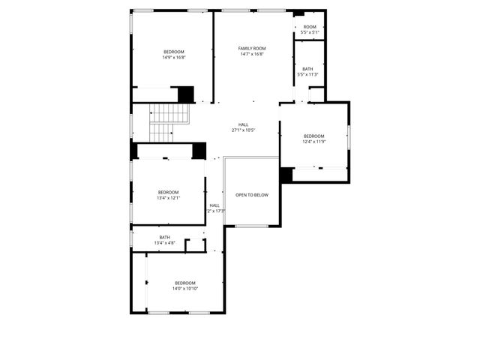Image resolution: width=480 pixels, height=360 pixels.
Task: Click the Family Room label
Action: tap(252, 48)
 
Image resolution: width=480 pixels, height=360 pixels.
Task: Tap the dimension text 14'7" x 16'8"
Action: tap(252, 54)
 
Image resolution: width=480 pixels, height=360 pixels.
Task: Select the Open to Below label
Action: tap(252, 195)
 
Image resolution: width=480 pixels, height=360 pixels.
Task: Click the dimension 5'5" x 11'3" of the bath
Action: tap(308, 74)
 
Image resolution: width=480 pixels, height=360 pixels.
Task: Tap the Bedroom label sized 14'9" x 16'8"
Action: tap(174, 52)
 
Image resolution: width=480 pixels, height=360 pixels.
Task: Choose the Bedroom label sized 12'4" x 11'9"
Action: tap(313, 136)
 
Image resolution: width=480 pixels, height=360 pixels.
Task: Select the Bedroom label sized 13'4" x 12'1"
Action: tap(168, 192)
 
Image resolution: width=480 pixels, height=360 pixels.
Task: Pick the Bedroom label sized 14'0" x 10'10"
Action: tap(184, 283)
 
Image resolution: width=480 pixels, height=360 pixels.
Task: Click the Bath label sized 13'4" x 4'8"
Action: tap(164, 237)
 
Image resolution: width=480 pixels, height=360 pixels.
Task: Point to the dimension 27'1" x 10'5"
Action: tap(244, 130)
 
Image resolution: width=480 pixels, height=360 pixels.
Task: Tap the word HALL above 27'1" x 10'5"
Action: tap(244, 124)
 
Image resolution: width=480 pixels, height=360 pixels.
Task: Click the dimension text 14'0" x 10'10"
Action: tap(184, 289)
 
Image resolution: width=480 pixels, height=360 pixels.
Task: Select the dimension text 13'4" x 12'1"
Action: tap(168, 198)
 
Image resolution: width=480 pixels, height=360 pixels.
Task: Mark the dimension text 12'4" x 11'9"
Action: tap(313, 142)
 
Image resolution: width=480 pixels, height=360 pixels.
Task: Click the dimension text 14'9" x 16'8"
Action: tap(174, 58)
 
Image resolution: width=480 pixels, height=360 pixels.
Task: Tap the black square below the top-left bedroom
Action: tap(186, 94)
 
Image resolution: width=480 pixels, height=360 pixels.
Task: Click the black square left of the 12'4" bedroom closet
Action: tap(286, 175)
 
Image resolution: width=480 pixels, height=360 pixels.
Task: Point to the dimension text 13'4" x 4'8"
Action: tap(164, 243)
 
